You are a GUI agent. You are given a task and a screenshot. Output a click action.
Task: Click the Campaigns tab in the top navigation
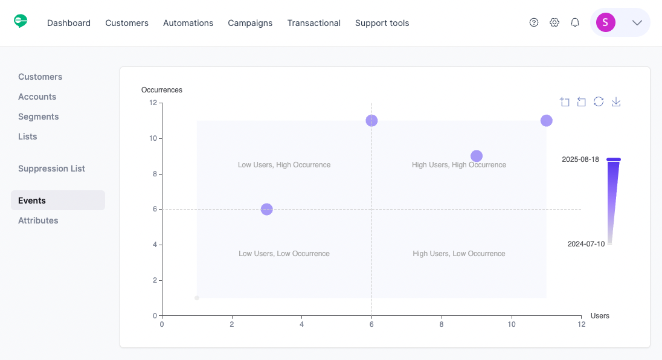pyautogui.click(x=250, y=23)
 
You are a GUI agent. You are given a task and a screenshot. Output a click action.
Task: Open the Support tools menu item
pyautogui.click(x=382, y=23)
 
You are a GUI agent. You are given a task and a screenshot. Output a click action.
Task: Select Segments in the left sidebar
pyautogui.click(x=39, y=117)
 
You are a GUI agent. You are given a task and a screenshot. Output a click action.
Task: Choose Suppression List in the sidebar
pyautogui.click(x=51, y=169)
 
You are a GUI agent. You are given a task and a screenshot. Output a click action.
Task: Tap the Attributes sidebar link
pyautogui.click(x=38, y=220)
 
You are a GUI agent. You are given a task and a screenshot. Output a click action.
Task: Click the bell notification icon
pyautogui.click(x=575, y=23)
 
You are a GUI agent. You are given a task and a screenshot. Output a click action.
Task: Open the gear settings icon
pyautogui.click(x=554, y=23)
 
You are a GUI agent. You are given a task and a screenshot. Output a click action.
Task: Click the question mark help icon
pyautogui.click(x=534, y=23)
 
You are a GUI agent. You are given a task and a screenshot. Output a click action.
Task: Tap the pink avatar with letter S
pyautogui.click(x=605, y=23)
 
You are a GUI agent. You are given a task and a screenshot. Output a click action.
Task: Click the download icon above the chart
pyautogui.click(x=616, y=101)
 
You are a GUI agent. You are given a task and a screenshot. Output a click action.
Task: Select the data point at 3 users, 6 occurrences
pyautogui.click(x=267, y=209)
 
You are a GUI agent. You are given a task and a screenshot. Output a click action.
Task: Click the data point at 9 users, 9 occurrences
pyautogui.click(x=477, y=156)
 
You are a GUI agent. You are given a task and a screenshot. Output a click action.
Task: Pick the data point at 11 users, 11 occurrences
pyautogui.click(x=547, y=121)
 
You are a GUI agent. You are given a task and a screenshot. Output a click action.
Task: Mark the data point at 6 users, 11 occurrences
pyautogui.click(x=371, y=121)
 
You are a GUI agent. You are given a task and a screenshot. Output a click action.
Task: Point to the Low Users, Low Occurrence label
pyautogui.click(x=284, y=254)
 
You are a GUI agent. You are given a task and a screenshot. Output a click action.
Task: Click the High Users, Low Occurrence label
pyautogui.click(x=459, y=254)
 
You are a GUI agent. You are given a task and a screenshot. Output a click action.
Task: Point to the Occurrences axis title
pyautogui.click(x=162, y=90)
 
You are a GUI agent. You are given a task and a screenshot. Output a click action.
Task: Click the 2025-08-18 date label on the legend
pyautogui.click(x=580, y=159)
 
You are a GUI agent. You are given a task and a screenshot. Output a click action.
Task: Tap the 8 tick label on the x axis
pyautogui.click(x=442, y=324)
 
